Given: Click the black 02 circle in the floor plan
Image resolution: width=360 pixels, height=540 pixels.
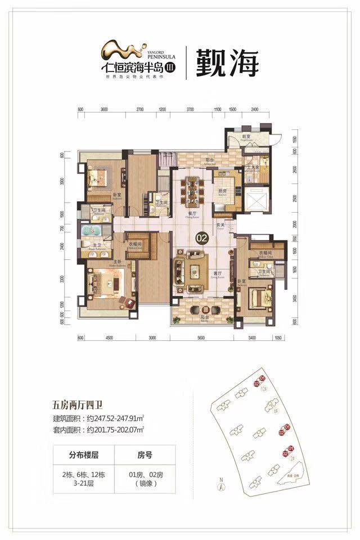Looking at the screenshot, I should pyautogui.click(x=201, y=238).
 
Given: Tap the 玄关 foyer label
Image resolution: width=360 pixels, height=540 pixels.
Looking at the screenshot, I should pyautogui.click(x=220, y=227).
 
